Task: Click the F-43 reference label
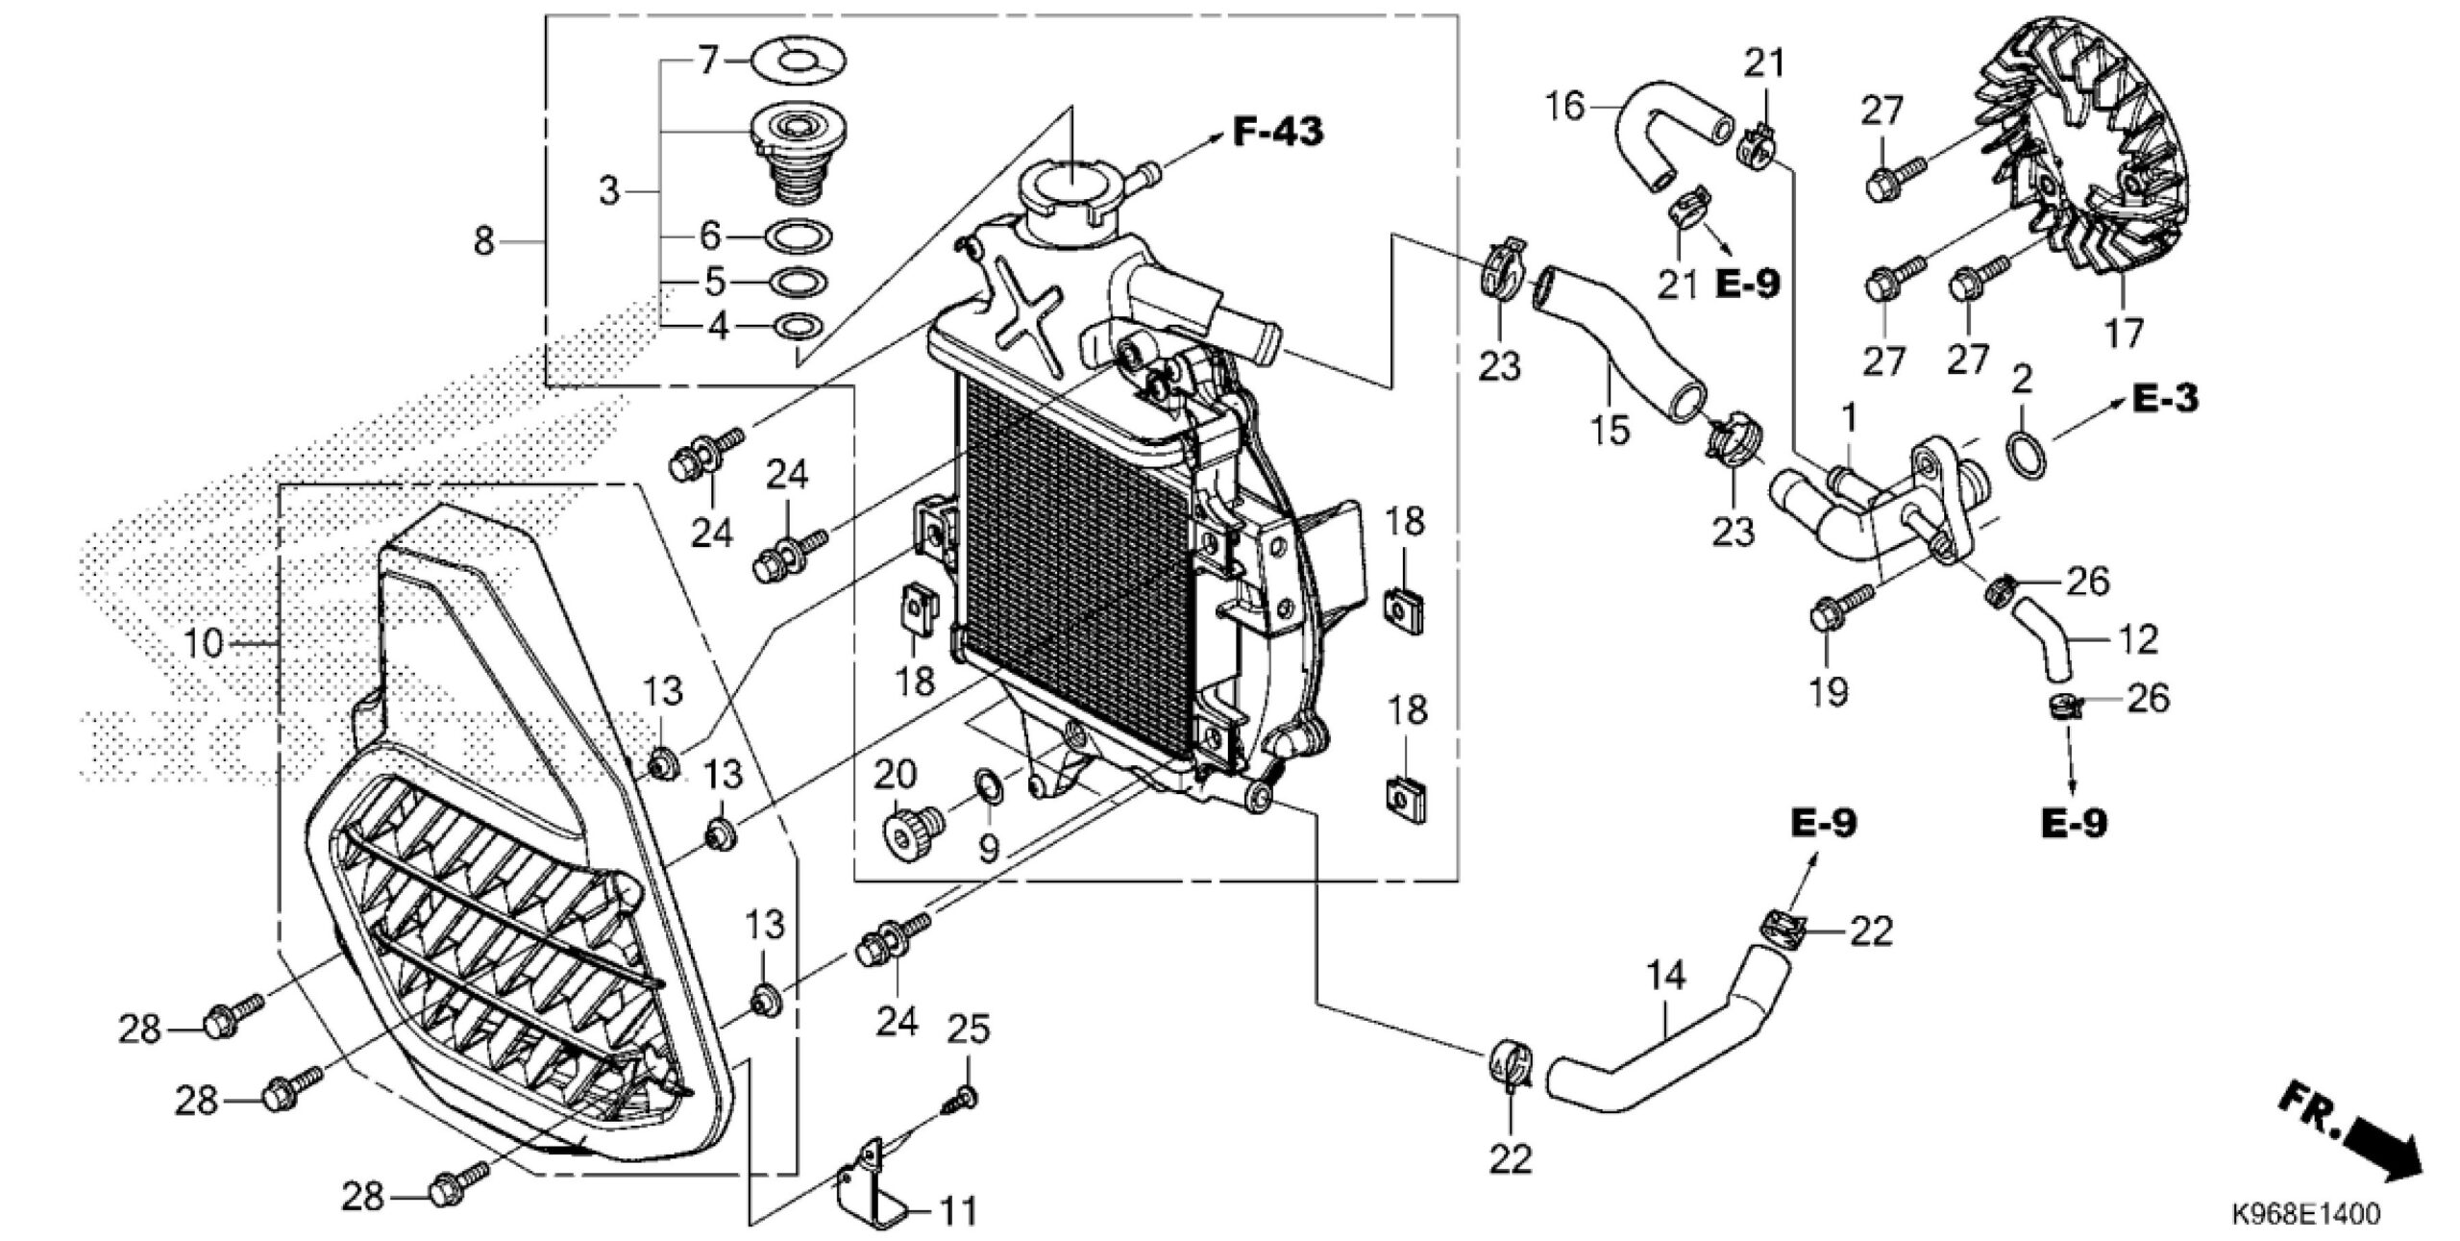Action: (1277, 133)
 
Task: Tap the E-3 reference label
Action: (2165, 398)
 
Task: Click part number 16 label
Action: (1565, 105)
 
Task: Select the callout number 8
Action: (484, 240)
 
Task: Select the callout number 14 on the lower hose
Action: (1665, 977)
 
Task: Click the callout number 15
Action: (1611, 430)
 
